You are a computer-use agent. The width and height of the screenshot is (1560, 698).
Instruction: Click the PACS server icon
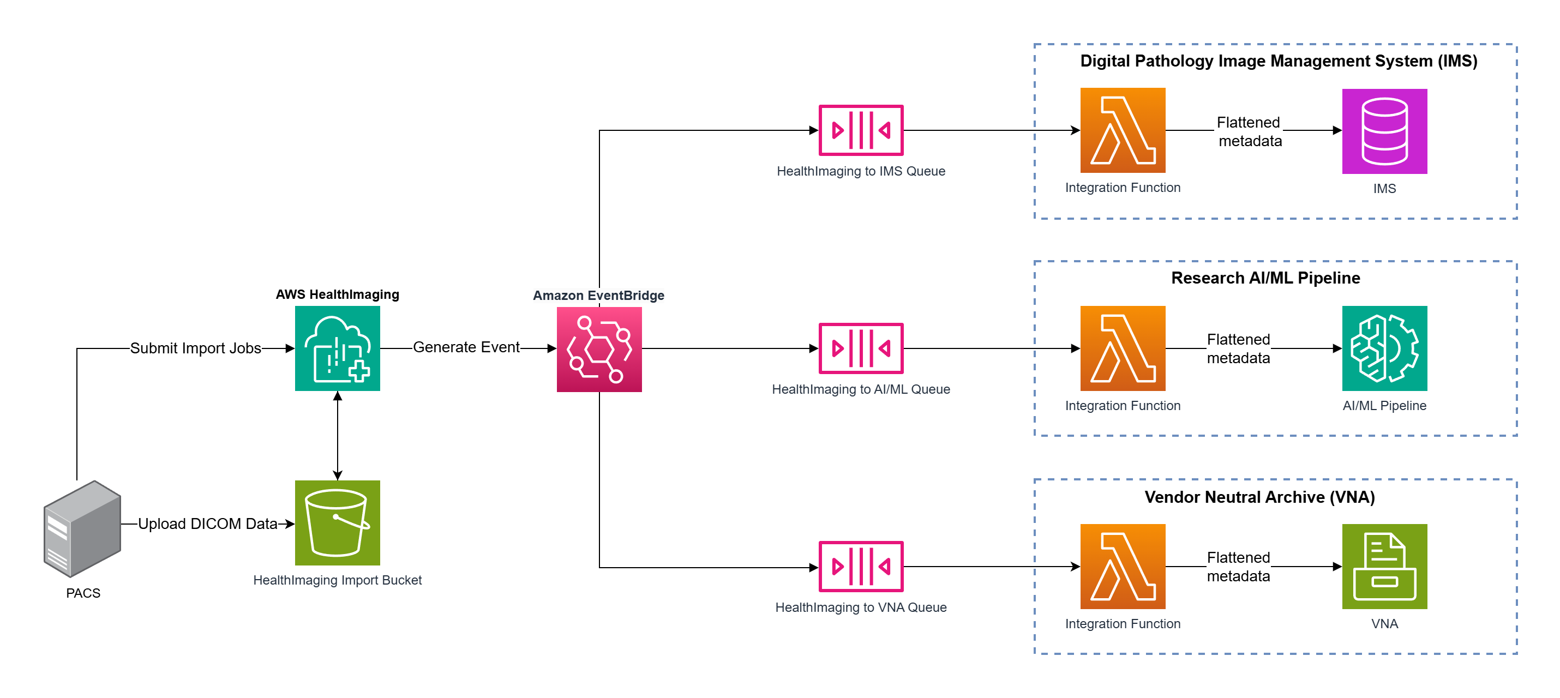(82, 528)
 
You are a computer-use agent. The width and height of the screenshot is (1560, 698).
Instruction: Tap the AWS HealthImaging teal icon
(337, 348)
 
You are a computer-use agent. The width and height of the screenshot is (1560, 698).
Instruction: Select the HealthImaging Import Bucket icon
(337, 522)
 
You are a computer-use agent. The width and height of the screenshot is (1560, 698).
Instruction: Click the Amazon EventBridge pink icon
(599, 350)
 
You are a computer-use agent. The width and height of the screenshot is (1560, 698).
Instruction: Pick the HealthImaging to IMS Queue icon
(861, 130)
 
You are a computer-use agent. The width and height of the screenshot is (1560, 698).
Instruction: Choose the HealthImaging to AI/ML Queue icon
(861, 348)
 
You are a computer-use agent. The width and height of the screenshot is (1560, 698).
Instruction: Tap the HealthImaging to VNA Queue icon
(861, 566)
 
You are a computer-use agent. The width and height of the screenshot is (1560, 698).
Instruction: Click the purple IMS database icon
(1384, 131)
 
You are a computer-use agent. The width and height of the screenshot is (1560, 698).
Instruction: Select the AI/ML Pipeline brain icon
(1384, 348)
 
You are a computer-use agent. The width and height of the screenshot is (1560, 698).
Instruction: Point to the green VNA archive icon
(1384, 566)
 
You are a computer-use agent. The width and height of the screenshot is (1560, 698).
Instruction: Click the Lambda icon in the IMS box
(1122, 130)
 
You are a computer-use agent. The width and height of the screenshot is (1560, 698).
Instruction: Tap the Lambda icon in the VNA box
(1122, 566)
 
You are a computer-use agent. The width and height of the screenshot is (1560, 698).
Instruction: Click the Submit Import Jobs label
(196, 348)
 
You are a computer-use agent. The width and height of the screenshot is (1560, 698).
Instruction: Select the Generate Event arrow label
(466, 347)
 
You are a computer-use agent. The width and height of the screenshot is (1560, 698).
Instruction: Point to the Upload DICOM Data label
(207, 523)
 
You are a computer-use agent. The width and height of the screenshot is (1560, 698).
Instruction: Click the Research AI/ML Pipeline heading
(1265, 278)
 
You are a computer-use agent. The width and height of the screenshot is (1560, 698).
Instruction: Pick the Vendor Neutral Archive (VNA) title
(1259, 497)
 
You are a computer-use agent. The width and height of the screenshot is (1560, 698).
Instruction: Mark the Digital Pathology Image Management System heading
(1279, 61)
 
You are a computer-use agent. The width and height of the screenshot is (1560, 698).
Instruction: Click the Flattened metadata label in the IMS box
(1249, 131)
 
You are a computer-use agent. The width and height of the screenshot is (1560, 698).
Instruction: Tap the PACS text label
(83, 593)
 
